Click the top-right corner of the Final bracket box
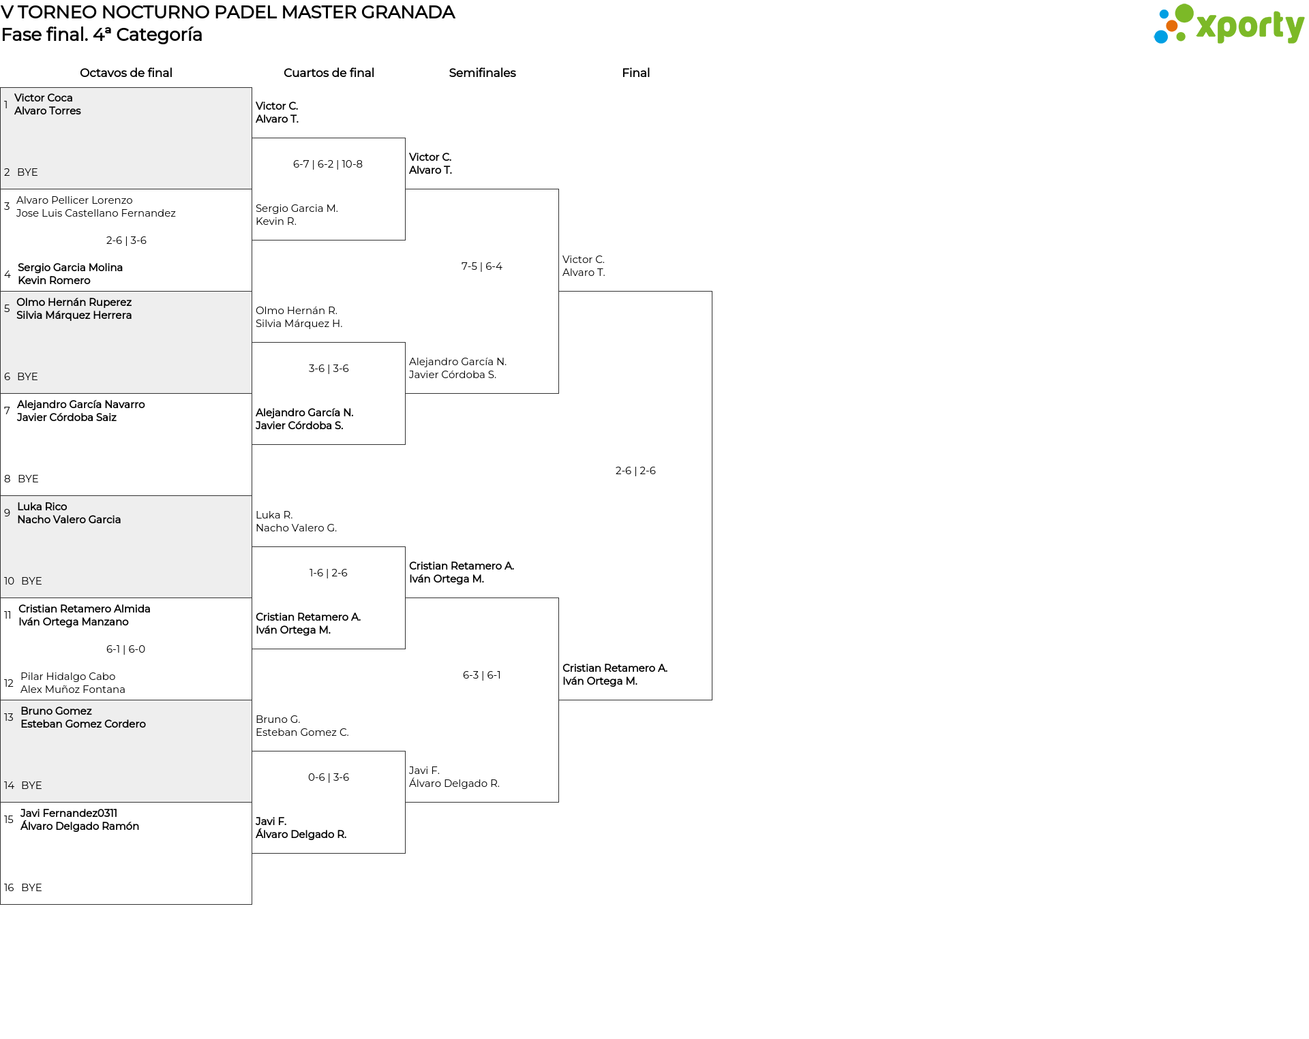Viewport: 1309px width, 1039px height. coord(712,292)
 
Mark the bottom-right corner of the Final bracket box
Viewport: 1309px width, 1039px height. coord(712,700)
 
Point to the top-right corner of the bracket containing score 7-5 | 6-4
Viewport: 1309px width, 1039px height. coord(558,189)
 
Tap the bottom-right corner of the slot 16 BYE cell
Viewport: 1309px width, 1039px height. coord(252,904)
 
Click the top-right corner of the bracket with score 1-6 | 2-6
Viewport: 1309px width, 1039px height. coord(405,547)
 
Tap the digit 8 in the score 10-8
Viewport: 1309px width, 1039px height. coord(359,164)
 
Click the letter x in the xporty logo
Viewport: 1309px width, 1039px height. coord(1207,27)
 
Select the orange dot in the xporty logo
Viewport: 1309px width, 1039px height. coord(1171,26)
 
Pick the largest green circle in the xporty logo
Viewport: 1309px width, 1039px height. coord(1184,14)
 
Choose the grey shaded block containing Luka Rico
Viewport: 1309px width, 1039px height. coord(126,547)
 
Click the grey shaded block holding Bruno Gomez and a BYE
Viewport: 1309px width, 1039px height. coord(126,751)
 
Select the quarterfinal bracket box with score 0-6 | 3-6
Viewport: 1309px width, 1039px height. coord(329,803)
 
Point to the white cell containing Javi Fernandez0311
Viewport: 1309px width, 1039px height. coord(126,854)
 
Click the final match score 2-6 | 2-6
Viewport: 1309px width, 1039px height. coord(635,471)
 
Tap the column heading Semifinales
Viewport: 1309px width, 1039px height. coord(482,73)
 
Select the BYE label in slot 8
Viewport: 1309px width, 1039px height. coord(28,479)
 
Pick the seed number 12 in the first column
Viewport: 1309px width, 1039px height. coord(9,683)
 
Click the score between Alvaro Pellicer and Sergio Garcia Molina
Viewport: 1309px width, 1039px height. coord(126,241)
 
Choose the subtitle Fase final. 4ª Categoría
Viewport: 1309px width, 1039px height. coord(102,35)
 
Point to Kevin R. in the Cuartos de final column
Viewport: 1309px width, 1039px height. coord(276,221)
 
